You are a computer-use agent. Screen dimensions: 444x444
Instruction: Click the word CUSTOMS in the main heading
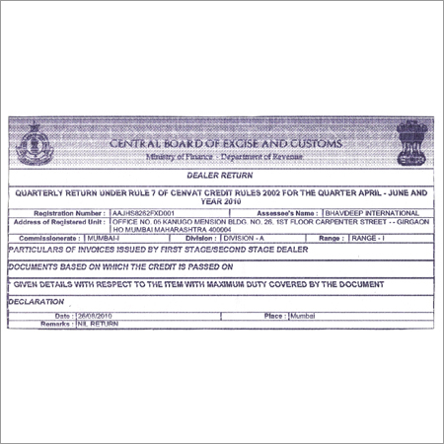pos(312,144)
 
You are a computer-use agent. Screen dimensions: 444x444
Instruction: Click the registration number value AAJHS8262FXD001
pos(143,212)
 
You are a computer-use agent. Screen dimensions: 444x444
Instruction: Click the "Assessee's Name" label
pos(278,212)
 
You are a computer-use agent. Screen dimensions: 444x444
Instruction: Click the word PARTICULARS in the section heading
pos(41,252)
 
